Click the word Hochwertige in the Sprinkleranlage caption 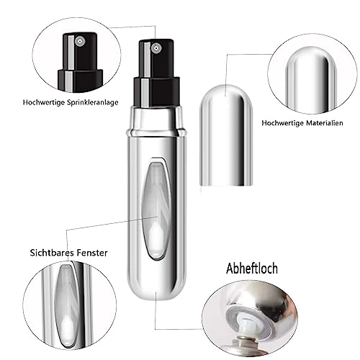[44, 102]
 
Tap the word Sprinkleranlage [93, 102]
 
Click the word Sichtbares [52, 253]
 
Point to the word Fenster [92, 253]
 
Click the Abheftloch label [252, 269]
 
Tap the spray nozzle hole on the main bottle [156, 48]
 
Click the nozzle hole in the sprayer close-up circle [79, 42]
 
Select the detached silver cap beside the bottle [226, 135]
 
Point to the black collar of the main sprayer [157, 92]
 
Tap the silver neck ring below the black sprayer [156, 121]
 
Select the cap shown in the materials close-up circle [311, 81]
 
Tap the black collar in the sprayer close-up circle [80, 80]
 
